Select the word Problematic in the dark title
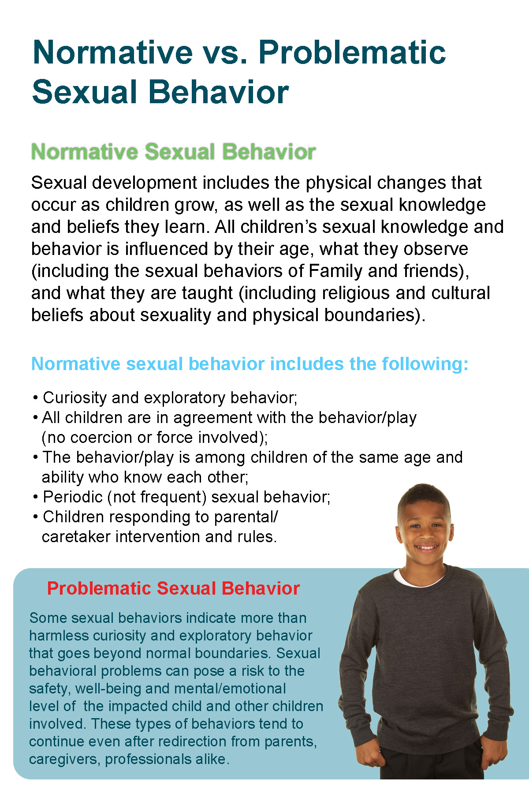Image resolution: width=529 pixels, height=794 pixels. click(x=352, y=52)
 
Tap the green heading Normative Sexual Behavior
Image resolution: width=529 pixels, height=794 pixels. click(x=173, y=152)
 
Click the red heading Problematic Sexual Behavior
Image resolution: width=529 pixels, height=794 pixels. click(x=173, y=588)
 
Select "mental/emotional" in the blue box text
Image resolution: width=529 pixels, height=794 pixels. click(x=230, y=689)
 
